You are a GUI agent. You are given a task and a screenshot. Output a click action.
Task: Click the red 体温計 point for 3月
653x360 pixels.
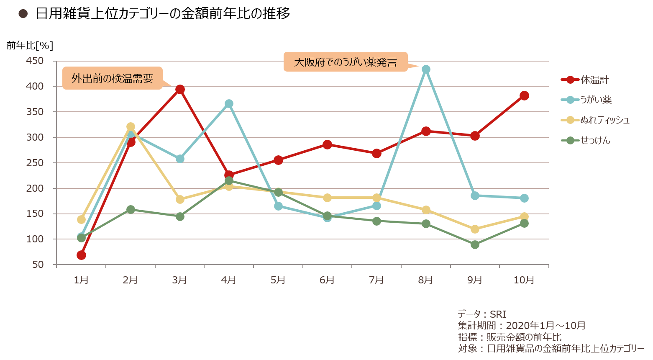click(180, 89)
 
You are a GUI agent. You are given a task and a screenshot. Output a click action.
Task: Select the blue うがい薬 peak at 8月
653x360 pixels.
click(426, 69)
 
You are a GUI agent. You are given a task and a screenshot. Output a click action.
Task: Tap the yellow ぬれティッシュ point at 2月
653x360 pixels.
click(131, 126)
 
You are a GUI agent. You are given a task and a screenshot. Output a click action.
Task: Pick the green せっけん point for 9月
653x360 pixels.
click(475, 244)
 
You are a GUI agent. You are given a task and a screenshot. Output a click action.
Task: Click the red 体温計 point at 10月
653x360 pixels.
click(524, 96)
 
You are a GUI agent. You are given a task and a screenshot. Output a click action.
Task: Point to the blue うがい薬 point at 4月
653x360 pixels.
click(229, 103)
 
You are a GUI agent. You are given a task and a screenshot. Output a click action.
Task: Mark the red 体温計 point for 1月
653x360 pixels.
click(81, 255)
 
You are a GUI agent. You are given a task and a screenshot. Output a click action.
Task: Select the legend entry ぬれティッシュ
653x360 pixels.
click(604, 120)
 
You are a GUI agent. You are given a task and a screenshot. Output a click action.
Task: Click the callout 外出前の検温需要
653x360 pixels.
click(112, 78)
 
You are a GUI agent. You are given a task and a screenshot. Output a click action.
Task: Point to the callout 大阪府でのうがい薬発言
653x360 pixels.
click(345, 62)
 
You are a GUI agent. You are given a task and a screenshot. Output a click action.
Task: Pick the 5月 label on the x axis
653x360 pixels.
click(278, 280)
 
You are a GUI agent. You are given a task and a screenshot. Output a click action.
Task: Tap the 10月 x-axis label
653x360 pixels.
click(524, 280)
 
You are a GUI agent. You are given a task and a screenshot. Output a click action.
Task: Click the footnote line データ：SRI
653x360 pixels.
click(482, 314)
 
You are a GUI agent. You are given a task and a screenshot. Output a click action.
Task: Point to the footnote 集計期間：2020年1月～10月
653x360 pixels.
click(521, 325)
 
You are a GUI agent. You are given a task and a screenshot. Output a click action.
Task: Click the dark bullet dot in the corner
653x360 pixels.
click(23, 14)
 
